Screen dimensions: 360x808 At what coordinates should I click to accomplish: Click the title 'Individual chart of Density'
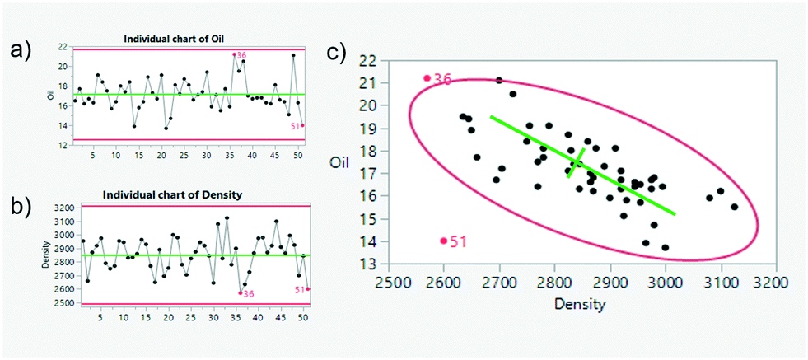[x=177, y=194]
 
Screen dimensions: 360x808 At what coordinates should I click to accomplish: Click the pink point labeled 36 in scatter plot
[x=427, y=78]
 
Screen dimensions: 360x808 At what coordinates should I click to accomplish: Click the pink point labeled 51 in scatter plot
[x=444, y=241]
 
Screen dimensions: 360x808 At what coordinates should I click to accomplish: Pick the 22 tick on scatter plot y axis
[x=366, y=61]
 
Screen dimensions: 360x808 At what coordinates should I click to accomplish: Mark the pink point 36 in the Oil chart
[x=235, y=54]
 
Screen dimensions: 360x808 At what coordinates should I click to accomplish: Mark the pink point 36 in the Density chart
[x=240, y=292]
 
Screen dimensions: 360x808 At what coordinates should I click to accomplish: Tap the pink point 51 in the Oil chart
[x=303, y=125]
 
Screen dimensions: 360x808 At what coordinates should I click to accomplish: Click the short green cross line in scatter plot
[x=576, y=163]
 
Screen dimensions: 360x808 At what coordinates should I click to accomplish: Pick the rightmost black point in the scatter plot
[x=734, y=207]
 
